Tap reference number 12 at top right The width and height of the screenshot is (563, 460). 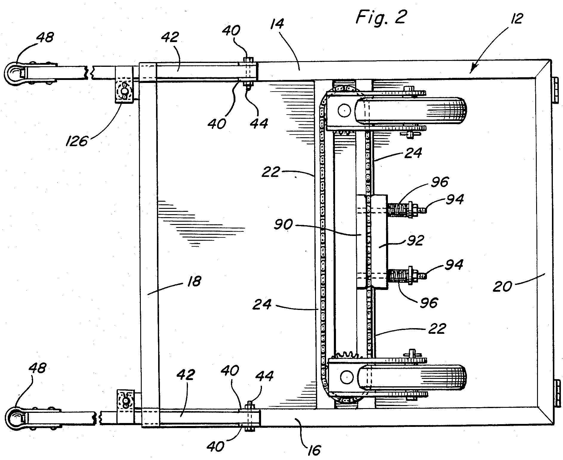point(517,18)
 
